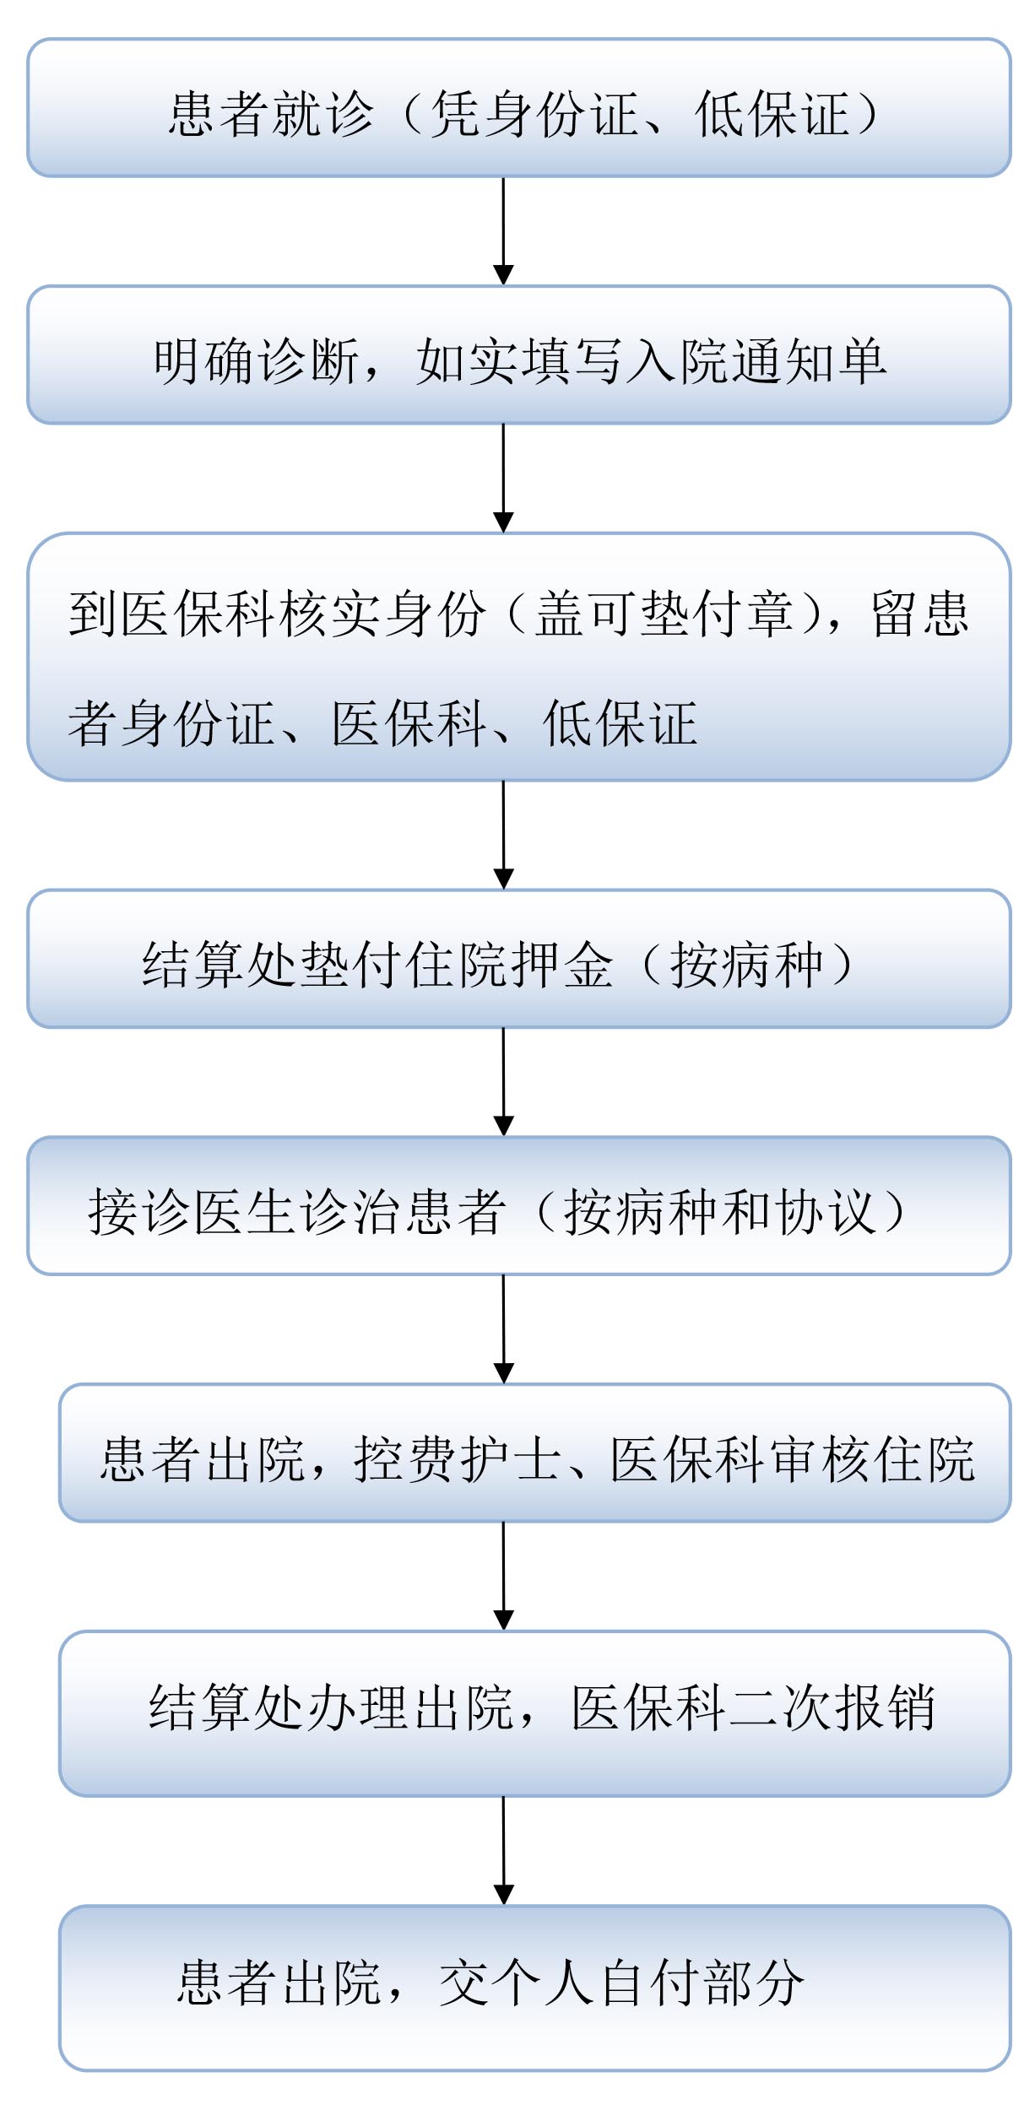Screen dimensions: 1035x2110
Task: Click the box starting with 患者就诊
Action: coord(519,108)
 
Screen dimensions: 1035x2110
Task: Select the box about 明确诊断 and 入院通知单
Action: coord(519,355)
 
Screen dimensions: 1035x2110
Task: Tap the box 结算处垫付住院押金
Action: coord(519,959)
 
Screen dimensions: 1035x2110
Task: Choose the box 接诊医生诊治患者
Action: coord(519,1206)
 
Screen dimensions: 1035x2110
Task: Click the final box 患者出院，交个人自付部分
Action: coord(535,1988)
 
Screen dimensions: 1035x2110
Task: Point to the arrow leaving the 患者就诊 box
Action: coord(503,231)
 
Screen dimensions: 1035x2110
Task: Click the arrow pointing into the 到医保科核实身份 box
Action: coord(503,479)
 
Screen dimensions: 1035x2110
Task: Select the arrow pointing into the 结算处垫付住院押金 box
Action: coord(503,836)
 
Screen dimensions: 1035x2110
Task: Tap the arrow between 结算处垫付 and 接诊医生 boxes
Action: coord(503,1082)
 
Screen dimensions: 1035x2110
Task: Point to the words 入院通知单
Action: coord(756,361)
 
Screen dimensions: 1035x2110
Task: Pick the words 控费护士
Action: coord(457,1459)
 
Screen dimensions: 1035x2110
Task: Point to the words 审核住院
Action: coord(873,1459)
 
